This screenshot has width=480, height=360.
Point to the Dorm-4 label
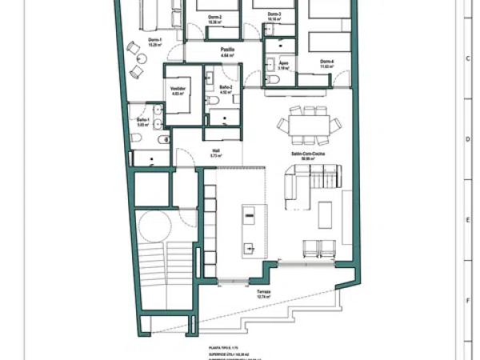point(326,62)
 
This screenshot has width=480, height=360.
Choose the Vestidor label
point(178,90)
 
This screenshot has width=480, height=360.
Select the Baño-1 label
point(143,121)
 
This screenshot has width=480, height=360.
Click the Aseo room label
point(283,66)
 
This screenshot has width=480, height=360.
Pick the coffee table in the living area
point(326,215)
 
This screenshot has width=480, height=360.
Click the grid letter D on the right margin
point(466,138)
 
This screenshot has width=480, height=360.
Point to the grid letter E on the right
point(466,219)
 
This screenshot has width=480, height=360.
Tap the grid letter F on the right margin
point(466,301)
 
